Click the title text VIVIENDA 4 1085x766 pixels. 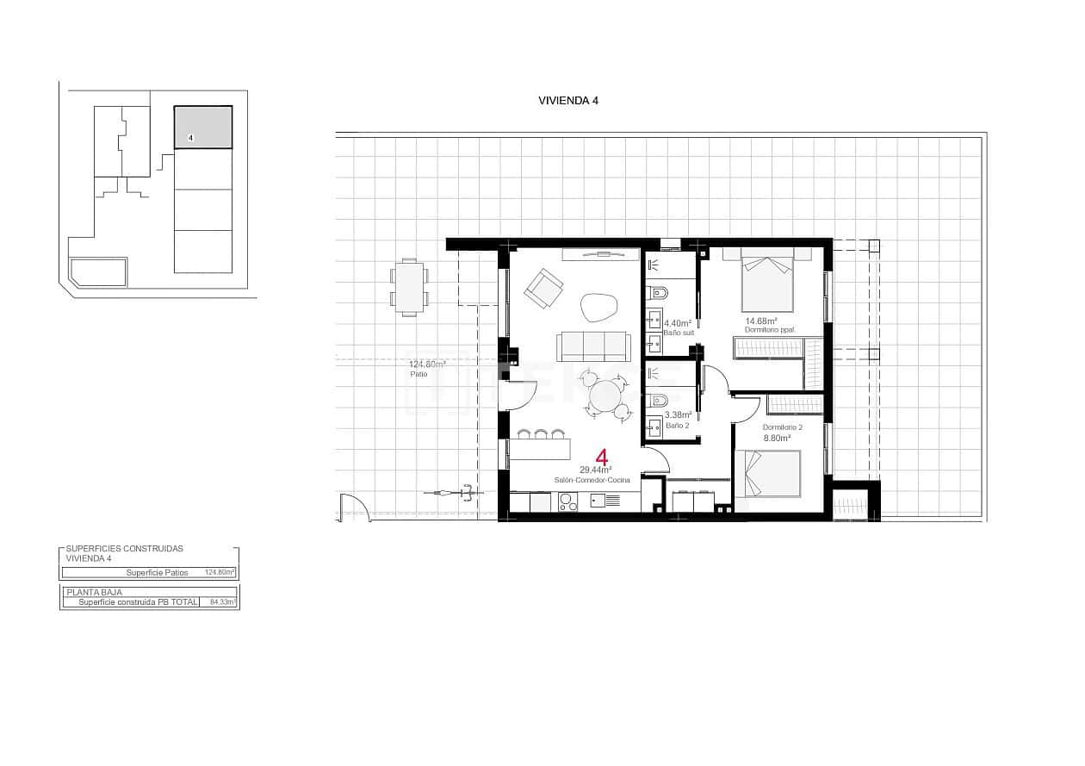coord(567,100)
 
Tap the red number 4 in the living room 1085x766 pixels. coord(603,458)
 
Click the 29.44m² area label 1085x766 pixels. coord(595,470)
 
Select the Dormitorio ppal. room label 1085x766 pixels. coord(769,330)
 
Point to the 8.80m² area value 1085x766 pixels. coord(777,438)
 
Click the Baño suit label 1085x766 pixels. coord(678,332)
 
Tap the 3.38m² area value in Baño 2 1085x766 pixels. coord(678,414)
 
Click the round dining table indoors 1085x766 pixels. coord(605,397)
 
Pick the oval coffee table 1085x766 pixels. coord(598,307)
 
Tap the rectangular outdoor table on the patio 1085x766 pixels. coord(410,287)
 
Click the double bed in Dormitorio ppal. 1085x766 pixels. coord(766,280)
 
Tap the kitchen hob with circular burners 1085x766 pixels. coord(568,501)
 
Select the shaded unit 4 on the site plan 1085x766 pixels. coord(203,128)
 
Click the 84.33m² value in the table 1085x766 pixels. coord(222,602)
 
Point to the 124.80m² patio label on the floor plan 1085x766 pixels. coord(421,364)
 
